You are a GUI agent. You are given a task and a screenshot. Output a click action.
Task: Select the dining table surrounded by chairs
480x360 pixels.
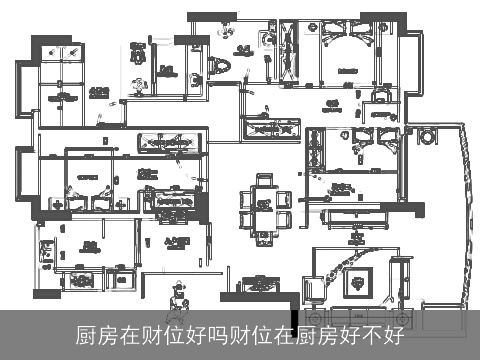click(x=265, y=204)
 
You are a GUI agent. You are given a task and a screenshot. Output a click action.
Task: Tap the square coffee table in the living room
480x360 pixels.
click(x=356, y=280)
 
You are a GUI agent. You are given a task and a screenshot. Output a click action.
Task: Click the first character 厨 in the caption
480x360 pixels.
click(x=86, y=336)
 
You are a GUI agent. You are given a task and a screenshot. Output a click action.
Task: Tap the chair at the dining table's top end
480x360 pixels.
click(x=265, y=181)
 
